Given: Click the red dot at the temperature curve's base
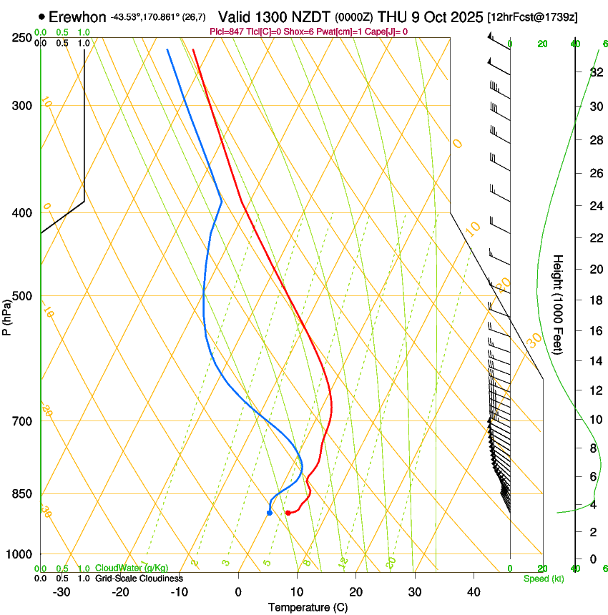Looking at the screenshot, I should (288, 513).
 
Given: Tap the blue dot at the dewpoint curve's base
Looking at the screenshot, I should (269, 513).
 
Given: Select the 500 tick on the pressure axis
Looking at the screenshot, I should (23, 296).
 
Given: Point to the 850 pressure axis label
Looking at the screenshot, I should (23, 493).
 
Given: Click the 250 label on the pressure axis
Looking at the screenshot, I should (23, 38).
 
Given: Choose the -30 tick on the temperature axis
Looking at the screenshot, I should (62, 591).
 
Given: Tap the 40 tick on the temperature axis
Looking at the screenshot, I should (474, 591).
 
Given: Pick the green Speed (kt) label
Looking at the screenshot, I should (543, 579).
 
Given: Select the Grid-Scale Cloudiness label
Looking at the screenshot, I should (139, 579).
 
